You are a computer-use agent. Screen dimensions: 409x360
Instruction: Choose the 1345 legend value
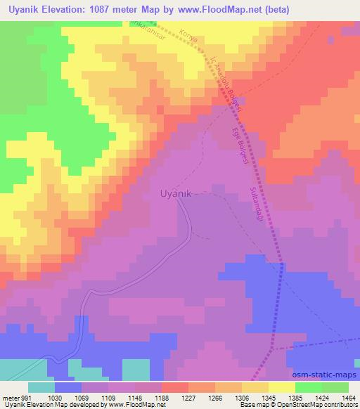pos(271,398)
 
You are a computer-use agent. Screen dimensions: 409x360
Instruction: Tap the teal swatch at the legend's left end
pos(41,387)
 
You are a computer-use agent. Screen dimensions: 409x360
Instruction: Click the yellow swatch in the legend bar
pos(281,387)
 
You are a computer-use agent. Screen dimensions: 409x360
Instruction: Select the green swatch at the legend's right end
pos(335,387)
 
